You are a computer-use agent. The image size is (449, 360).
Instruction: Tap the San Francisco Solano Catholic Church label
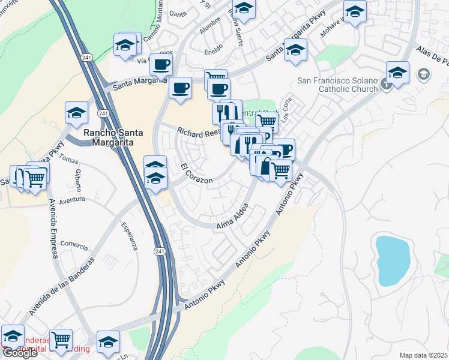point(337,85)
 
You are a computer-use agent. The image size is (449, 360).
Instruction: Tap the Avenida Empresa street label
point(52,228)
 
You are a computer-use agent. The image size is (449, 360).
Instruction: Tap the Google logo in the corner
point(19,352)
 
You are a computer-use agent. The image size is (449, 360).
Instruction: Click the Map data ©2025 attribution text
point(423,355)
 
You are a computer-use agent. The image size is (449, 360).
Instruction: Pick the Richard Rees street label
point(199,131)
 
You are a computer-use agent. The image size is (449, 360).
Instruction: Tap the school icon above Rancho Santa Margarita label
point(77,113)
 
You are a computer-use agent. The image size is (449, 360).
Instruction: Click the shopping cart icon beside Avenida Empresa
point(35,177)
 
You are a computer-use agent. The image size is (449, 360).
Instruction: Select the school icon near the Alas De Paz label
point(397,73)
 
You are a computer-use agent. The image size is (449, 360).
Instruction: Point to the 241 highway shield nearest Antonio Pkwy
point(159,251)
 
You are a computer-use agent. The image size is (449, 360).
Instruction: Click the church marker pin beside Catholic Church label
point(386,85)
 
